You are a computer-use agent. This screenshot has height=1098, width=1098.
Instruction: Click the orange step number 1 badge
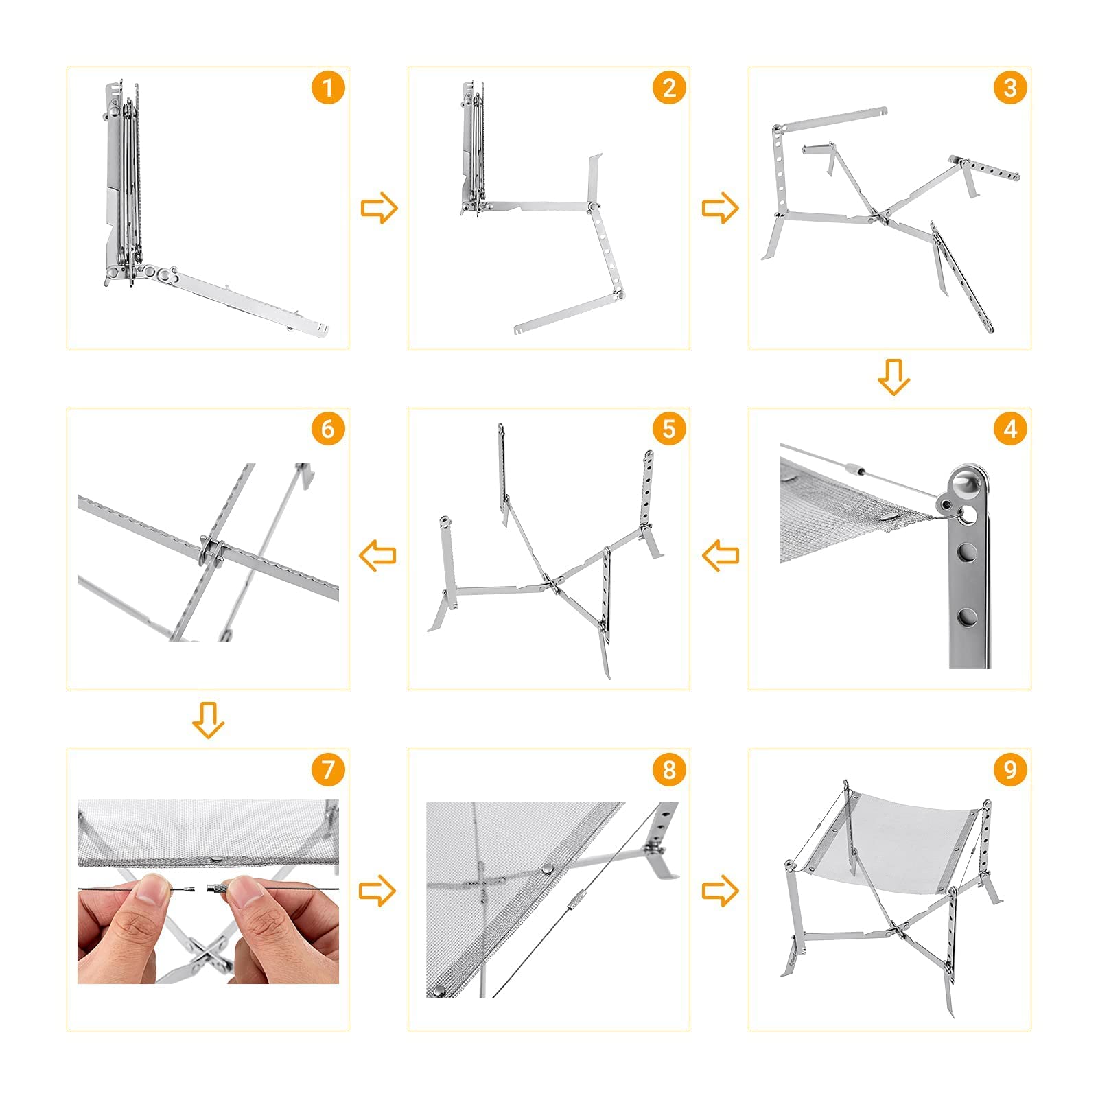pos(327,88)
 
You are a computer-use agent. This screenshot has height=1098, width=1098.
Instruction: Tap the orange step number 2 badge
pos(669,88)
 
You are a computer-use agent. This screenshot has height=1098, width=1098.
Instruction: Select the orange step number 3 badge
pos(1010,88)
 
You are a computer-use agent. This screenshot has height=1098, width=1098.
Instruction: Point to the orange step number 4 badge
pos(1010,429)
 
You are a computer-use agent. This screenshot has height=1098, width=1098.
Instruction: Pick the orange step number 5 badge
pos(669,429)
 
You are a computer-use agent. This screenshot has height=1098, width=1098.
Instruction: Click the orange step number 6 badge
pos(327,429)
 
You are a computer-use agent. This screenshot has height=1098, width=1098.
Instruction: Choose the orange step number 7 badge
pos(327,770)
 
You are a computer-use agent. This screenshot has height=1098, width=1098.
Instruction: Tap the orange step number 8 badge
pos(669,770)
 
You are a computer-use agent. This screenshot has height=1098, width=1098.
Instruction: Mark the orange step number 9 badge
pos(1010,770)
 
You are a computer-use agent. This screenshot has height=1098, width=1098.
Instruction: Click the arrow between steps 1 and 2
pos(379,207)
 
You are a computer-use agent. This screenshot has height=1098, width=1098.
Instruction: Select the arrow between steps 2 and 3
pos(720,207)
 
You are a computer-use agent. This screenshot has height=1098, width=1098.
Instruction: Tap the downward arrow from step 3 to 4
pos(893,377)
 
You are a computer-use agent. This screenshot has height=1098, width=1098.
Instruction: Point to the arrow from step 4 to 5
pos(721,554)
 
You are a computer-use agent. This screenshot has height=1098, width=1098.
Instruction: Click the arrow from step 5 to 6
pos(378,554)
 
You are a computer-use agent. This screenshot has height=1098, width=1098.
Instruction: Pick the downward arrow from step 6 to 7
pos(208,719)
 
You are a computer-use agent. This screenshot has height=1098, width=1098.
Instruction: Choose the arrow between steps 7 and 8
pos(378,891)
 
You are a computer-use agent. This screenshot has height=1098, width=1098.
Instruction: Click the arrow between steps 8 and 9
pos(720,891)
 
